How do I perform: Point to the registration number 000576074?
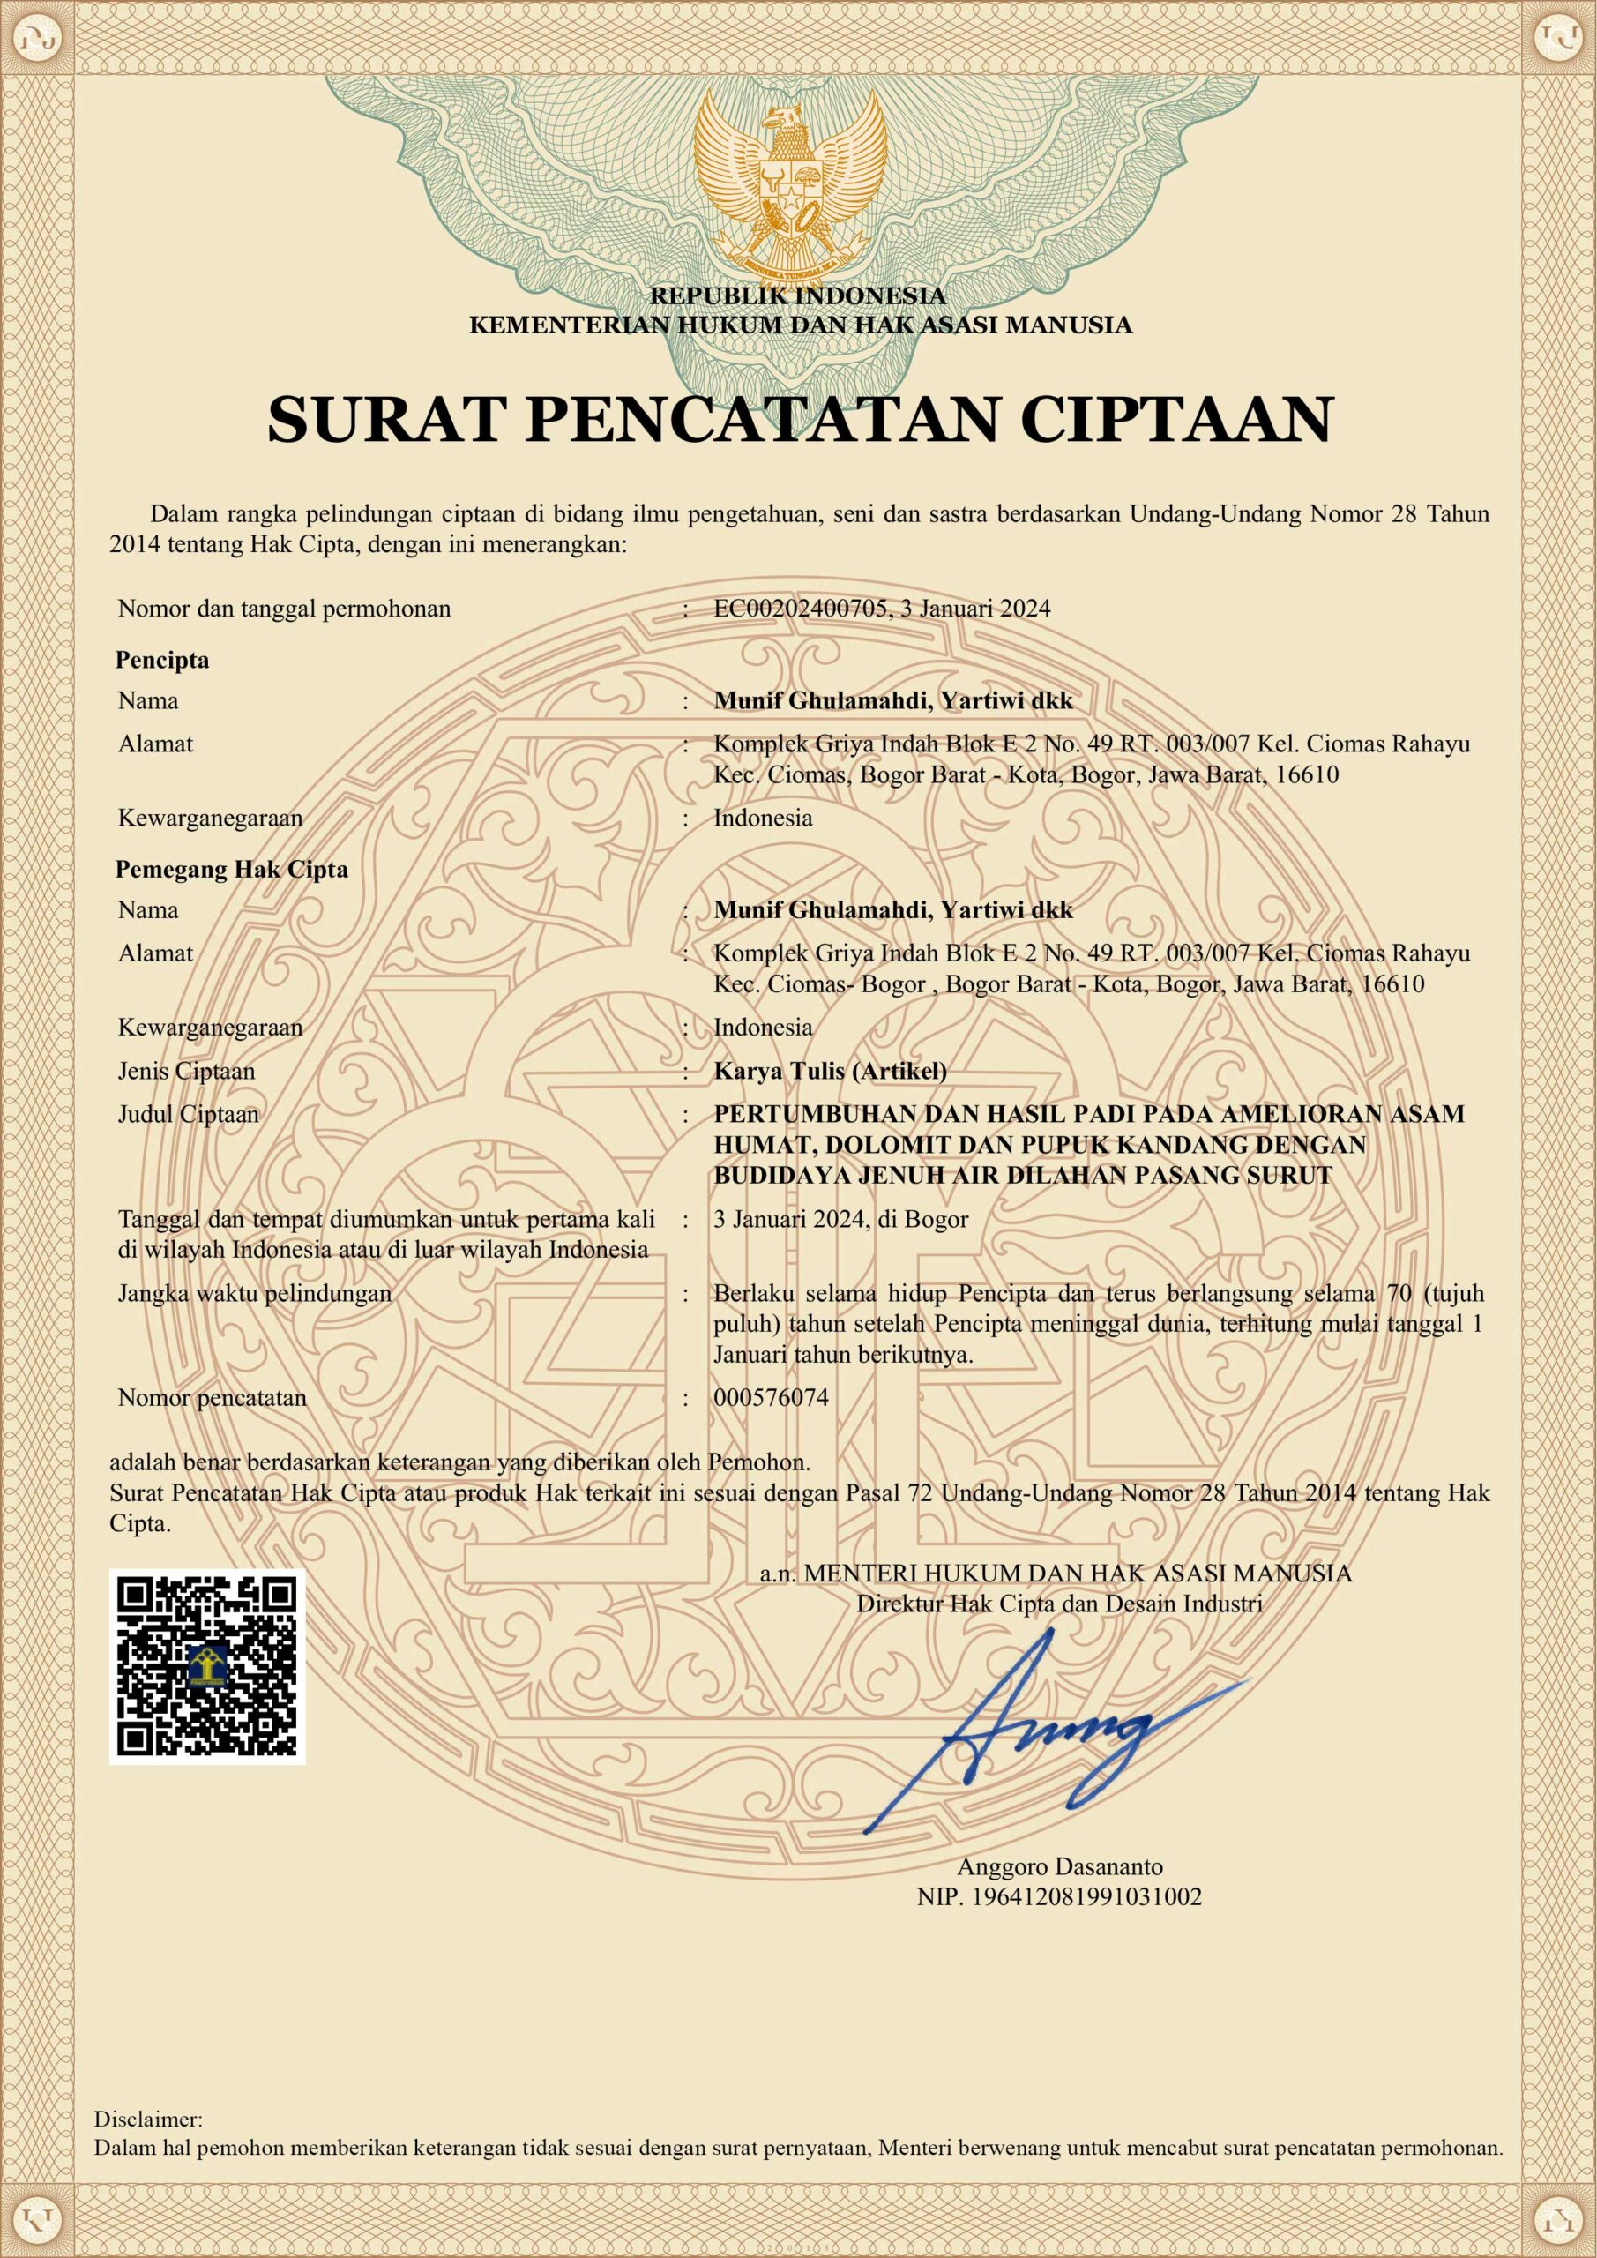(x=771, y=1397)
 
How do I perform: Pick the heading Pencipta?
(x=162, y=660)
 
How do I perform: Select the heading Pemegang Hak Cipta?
(x=232, y=870)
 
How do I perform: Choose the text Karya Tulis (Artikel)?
(x=830, y=1071)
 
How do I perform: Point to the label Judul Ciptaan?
(x=188, y=1114)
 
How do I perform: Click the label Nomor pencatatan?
(x=212, y=1397)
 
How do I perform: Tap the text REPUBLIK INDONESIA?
(x=797, y=295)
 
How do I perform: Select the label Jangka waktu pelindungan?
(x=255, y=1293)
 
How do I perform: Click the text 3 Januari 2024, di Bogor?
(x=840, y=1220)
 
